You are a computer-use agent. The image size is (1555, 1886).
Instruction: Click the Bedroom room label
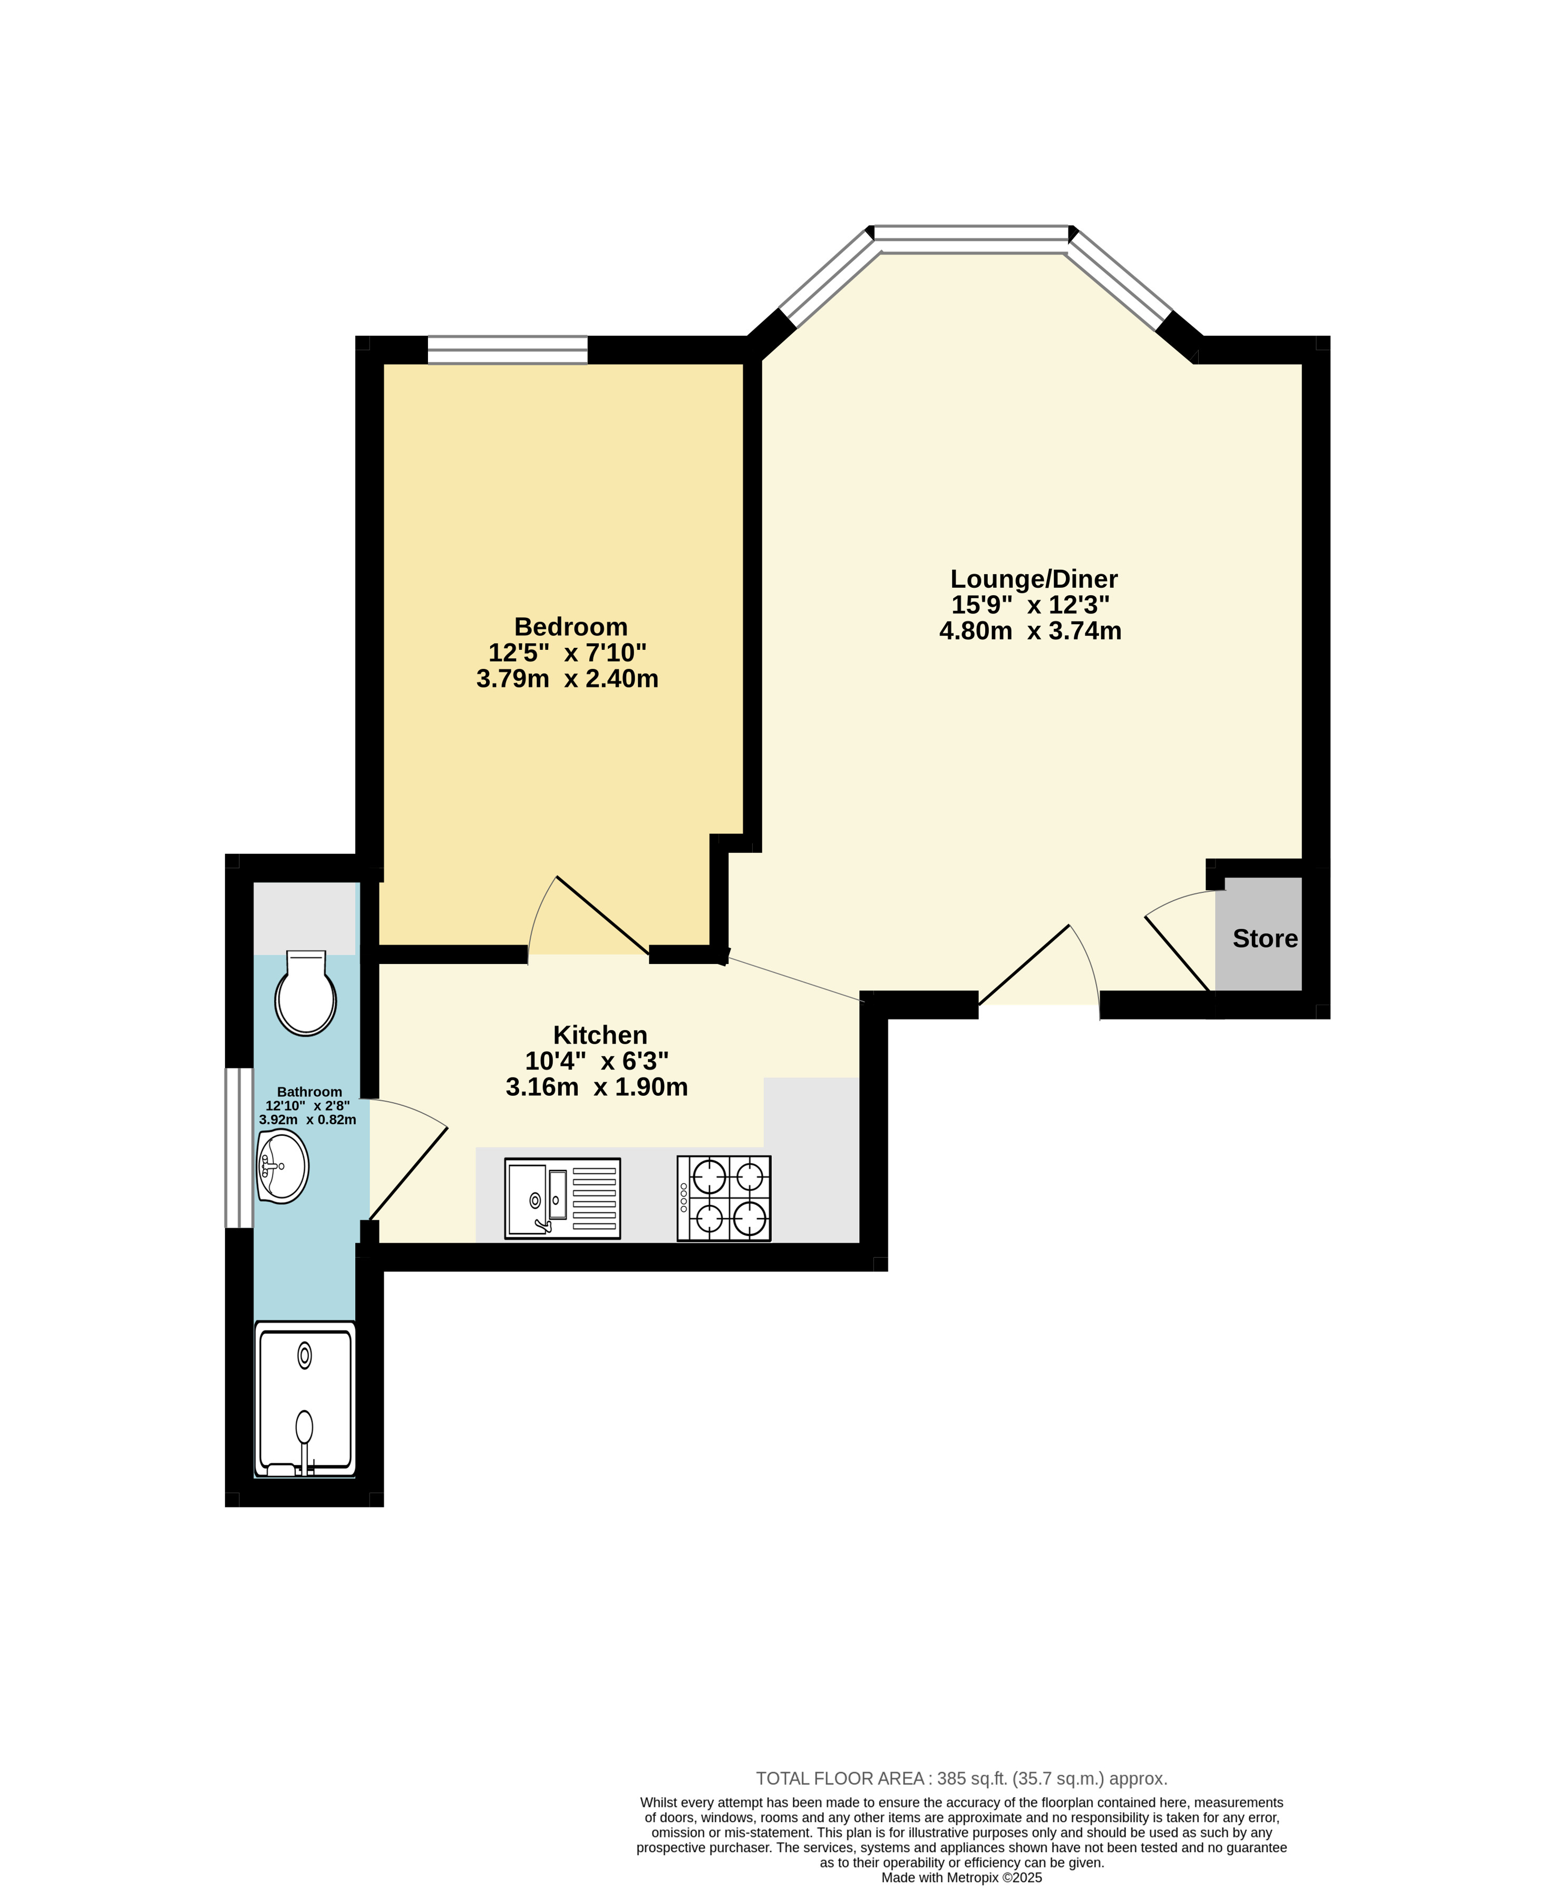click(x=570, y=627)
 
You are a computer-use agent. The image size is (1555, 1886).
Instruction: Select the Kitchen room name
click(x=600, y=1035)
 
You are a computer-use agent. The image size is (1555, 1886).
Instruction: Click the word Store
click(x=1265, y=939)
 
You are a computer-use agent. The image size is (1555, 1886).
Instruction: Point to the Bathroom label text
click(x=309, y=1092)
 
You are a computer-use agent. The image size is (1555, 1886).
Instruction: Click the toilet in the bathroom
click(x=305, y=992)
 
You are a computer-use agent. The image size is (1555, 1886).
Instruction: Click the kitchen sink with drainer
click(x=562, y=1198)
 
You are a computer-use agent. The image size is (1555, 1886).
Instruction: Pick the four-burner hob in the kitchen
click(x=724, y=1198)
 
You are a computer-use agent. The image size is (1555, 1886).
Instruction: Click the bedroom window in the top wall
click(x=507, y=350)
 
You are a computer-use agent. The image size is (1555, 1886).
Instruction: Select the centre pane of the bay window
click(x=971, y=234)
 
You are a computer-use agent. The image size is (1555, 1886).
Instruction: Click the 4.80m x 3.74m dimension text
click(x=1030, y=631)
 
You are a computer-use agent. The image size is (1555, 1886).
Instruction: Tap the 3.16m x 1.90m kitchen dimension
click(x=597, y=1087)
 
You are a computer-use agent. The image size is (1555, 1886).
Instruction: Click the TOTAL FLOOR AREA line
click(x=961, y=1778)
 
